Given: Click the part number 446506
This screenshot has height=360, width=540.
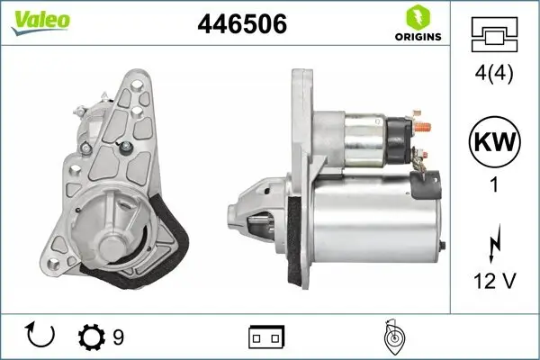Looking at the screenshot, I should tap(242, 25).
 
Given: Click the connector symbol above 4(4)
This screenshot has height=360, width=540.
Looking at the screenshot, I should tap(493, 36).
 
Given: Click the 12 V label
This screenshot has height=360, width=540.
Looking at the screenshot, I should tap(493, 282).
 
